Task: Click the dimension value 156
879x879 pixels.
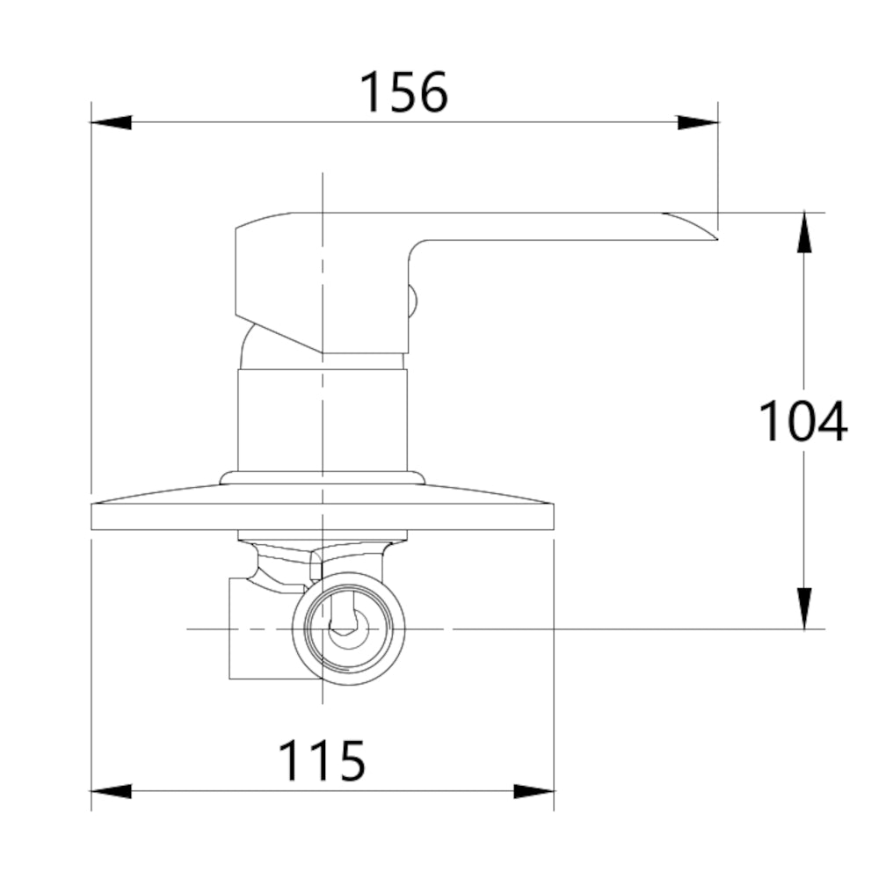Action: click(x=404, y=92)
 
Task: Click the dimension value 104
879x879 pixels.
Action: click(x=803, y=421)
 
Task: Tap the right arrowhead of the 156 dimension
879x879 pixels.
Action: click(x=699, y=122)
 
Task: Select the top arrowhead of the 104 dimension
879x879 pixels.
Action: click(x=803, y=232)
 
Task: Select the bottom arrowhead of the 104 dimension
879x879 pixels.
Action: click(x=803, y=608)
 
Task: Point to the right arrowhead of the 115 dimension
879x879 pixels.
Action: click(x=534, y=791)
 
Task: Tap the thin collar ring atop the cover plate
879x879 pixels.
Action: click(x=323, y=477)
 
